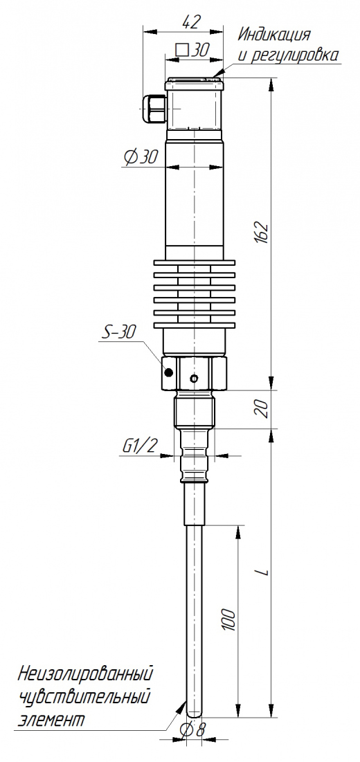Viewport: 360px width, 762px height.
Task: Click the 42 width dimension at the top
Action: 192,22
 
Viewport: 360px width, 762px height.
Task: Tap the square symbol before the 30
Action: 181,50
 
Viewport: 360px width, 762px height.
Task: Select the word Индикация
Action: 274,35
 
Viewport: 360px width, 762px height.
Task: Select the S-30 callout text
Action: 118,332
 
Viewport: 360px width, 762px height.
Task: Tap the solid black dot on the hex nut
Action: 169,373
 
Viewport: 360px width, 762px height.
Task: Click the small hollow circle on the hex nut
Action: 195,378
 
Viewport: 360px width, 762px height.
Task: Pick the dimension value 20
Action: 262,409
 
